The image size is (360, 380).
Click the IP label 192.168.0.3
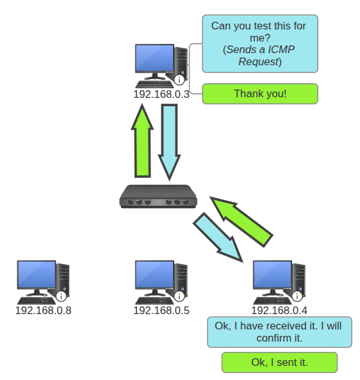(x=161, y=94)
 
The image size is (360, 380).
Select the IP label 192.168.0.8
(x=43, y=310)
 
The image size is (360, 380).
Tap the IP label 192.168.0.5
(x=161, y=310)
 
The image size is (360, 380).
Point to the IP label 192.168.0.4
(x=279, y=310)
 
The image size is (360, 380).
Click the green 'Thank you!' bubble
(x=260, y=94)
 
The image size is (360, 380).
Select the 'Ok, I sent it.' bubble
(x=279, y=362)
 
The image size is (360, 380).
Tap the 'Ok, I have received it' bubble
(x=279, y=332)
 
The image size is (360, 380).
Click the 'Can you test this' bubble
(x=260, y=44)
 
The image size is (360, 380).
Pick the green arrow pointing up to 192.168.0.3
(x=142, y=141)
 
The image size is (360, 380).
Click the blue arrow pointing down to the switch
(x=169, y=143)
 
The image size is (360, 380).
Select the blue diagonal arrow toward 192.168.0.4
(x=218, y=237)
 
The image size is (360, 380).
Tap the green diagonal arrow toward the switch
(x=242, y=222)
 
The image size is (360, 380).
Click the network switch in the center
(x=158, y=196)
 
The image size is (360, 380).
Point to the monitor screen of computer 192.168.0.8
(x=37, y=274)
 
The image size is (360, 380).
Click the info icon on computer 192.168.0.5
(x=179, y=296)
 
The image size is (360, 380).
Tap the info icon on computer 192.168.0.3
(x=179, y=80)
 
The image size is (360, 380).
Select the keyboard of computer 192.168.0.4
(x=272, y=301)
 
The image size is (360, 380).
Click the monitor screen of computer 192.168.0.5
(x=154, y=274)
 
